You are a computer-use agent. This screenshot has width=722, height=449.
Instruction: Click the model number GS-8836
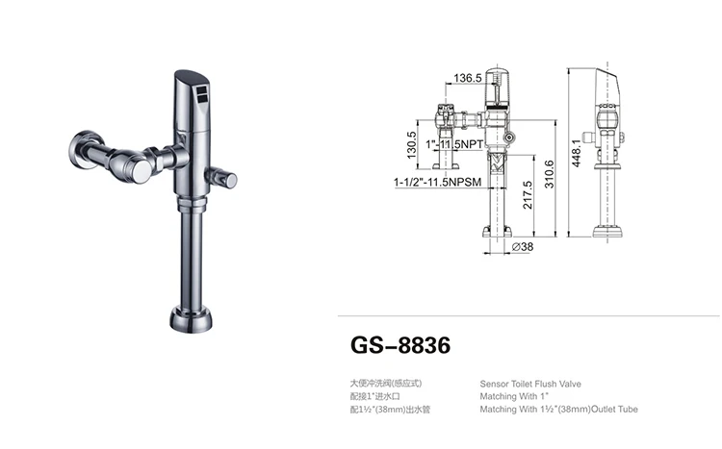click(x=400, y=345)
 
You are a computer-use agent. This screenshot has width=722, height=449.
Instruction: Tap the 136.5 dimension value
click(x=467, y=78)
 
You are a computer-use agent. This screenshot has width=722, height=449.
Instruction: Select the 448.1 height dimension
click(x=577, y=153)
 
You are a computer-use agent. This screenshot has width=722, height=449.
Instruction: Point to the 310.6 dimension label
click(x=550, y=174)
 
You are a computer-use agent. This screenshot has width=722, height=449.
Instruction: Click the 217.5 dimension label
click(x=528, y=195)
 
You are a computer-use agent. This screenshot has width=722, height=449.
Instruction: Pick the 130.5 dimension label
click(x=411, y=145)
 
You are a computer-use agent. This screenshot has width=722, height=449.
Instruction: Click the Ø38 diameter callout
click(x=523, y=247)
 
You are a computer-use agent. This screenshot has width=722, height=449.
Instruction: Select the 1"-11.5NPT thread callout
click(x=454, y=144)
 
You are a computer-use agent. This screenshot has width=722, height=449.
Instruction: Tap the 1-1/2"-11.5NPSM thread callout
click(x=437, y=182)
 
